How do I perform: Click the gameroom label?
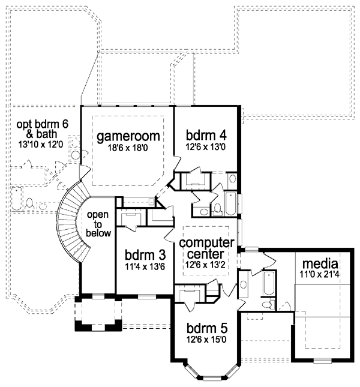point(128,136)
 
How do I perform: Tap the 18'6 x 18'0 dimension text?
point(128,148)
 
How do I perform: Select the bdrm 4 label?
point(206,135)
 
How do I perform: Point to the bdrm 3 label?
point(145,255)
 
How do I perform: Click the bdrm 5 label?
point(207,328)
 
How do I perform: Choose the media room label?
point(320,263)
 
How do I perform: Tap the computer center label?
point(206,248)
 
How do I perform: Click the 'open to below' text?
point(98,224)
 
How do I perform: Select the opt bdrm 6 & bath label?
point(42,129)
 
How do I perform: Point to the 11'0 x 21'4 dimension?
point(320,274)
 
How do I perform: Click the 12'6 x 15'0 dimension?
point(206,340)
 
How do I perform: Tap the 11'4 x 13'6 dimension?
point(145,266)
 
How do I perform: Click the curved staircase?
point(71,220)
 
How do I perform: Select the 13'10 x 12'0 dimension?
point(41,145)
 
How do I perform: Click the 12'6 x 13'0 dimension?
point(206,147)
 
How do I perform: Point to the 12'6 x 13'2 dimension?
point(206,265)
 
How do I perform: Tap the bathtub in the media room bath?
point(268,283)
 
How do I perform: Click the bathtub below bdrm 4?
point(231,203)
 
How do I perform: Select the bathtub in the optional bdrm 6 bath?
point(17,199)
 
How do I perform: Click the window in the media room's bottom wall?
point(322,361)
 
